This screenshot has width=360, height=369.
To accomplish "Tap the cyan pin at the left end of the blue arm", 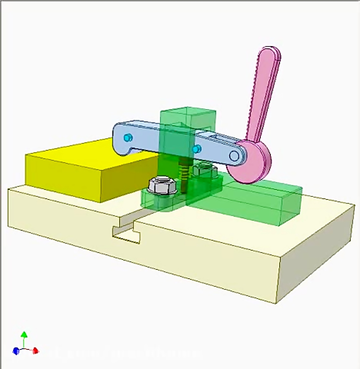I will (128, 138).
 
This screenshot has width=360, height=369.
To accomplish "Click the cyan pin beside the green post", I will (196, 149).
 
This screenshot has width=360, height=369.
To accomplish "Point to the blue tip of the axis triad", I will (16, 351).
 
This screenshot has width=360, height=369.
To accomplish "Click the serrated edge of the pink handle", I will (252, 100).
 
